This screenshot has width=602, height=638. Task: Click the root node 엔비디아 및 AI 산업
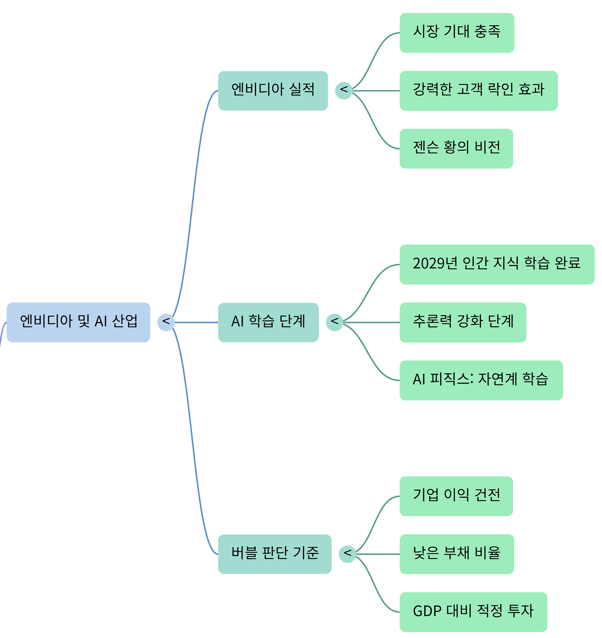click(78, 322)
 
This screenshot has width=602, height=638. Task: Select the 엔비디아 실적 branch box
click(273, 91)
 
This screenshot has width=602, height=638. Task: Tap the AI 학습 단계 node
click(268, 322)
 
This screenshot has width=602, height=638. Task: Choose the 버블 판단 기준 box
click(275, 554)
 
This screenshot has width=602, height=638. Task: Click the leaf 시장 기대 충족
click(457, 33)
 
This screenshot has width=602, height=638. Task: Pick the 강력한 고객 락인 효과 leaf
click(479, 91)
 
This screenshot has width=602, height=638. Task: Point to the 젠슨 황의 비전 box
click(456, 149)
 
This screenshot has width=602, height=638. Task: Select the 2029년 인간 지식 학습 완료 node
click(497, 264)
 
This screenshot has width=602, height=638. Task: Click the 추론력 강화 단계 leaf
click(463, 322)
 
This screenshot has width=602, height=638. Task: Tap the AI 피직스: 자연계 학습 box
click(481, 380)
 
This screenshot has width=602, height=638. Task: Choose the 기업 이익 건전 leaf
click(456, 496)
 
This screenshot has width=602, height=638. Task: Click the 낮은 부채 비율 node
click(457, 554)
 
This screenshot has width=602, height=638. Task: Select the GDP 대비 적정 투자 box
click(473, 612)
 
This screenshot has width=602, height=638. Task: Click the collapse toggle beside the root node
click(166, 322)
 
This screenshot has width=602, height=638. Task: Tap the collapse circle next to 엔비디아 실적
click(344, 91)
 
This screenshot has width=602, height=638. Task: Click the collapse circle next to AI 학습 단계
click(334, 322)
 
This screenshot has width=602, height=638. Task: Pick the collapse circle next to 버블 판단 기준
click(347, 554)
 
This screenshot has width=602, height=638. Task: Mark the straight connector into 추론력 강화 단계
click(371, 322)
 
